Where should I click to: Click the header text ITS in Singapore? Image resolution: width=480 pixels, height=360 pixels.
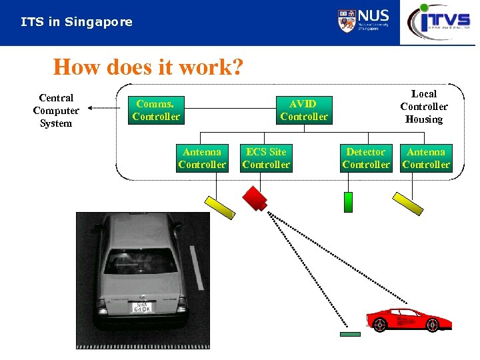[x=77, y=22]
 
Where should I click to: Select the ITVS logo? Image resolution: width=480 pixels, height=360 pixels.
[x=439, y=21]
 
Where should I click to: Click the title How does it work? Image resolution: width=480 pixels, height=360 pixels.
[x=148, y=67]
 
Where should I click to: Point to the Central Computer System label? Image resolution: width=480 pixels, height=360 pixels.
[x=56, y=111]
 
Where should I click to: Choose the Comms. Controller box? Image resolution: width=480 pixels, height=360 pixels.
[x=156, y=110]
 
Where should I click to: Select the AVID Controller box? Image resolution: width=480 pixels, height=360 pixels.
[x=304, y=110]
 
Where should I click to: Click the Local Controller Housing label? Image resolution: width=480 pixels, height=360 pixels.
[x=424, y=107]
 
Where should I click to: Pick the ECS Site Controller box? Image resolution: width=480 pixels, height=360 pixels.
[x=266, y=158]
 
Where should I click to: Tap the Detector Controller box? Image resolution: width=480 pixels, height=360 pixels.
[x=366, y=158]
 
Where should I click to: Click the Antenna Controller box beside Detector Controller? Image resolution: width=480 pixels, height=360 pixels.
[x=426, y=158]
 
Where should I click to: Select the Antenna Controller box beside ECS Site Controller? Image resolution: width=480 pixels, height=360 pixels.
[x=202, y=158]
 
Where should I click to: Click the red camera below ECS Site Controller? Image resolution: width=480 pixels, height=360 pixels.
[x=255, y=198]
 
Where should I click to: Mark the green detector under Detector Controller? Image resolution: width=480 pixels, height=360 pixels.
[x=348, y=202]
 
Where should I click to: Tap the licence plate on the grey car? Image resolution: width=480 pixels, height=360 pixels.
[x=142, y=307]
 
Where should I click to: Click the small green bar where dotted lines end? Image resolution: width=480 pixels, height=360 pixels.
[x=350, y=334]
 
